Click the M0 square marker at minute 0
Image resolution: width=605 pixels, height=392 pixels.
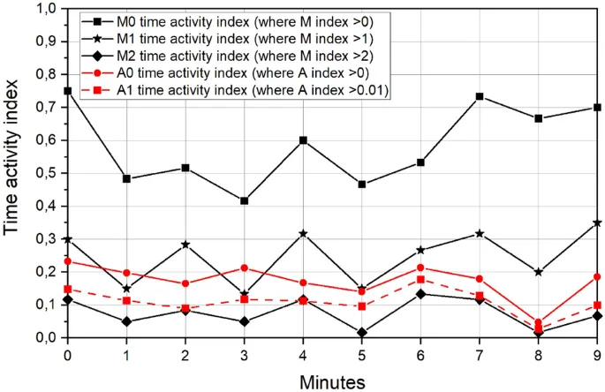click(67, 91)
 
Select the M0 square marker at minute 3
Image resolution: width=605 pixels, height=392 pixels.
click(244, 201)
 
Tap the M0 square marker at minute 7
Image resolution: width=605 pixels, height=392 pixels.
click(480, 96)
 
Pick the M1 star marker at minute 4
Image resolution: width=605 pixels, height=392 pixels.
click(303, 234)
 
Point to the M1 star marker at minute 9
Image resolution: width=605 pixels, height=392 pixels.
click(598, 222)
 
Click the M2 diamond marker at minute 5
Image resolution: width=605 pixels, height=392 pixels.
click(362, 333)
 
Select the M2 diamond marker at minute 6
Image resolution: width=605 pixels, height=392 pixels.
click(421, 293)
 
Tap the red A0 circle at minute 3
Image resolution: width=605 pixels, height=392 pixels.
click(244, 268)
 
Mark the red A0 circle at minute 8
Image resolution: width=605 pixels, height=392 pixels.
click(539, 323)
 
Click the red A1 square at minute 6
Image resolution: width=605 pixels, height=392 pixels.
click(421, 279)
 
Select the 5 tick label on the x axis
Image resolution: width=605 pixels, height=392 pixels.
click(362, 353)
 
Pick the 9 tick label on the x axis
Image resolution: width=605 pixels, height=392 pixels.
click(598, 353)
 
